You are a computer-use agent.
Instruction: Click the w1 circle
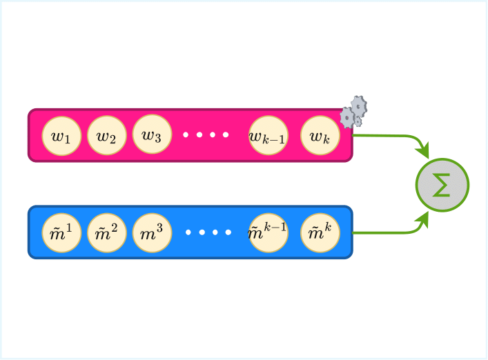click(61, 136)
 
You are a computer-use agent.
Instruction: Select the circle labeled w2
click(106, 136)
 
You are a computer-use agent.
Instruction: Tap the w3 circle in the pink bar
click(152, 134)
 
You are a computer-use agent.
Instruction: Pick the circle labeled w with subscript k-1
click(268, 136)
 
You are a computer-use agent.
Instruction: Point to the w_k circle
click(320, 136)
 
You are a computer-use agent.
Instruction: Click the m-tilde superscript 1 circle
click(61, 233)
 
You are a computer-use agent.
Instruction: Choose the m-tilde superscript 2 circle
click(106, 233)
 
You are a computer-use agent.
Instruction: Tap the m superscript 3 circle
click(152, 233)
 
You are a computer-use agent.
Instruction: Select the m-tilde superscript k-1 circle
click(268, 233)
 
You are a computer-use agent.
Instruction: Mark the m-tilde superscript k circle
click(320, 233)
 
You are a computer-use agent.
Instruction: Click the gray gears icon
click(353, 113)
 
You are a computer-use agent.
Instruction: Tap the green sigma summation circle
click(442, 185)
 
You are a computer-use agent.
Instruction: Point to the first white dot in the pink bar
click(186, 134)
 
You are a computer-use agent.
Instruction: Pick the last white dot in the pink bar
click(226, 134)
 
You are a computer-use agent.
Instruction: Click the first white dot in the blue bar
click(188, 232)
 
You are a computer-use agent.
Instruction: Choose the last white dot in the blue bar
click(228, 232)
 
